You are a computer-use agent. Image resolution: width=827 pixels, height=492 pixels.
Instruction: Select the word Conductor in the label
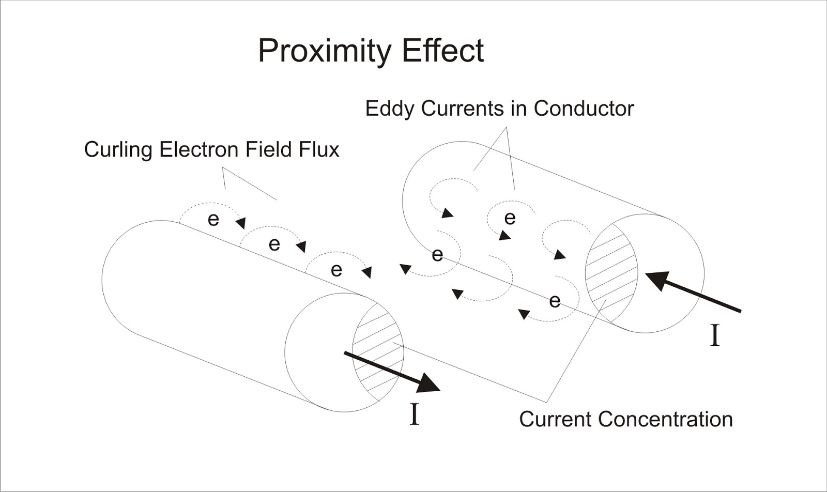point(584,109)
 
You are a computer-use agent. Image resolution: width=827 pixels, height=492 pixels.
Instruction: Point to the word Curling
point(118,150)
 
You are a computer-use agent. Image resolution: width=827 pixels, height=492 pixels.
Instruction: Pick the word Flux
point(319,150)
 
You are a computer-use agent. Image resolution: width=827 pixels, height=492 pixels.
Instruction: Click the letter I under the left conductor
point(413,414)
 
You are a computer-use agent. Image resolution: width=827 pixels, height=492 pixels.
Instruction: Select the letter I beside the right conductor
point(715,335)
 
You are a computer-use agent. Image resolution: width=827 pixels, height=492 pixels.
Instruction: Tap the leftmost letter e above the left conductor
point(213,219)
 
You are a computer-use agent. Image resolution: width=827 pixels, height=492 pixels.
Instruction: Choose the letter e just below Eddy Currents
point(510,218)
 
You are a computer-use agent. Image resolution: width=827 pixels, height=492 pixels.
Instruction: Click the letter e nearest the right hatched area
point(555,300)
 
